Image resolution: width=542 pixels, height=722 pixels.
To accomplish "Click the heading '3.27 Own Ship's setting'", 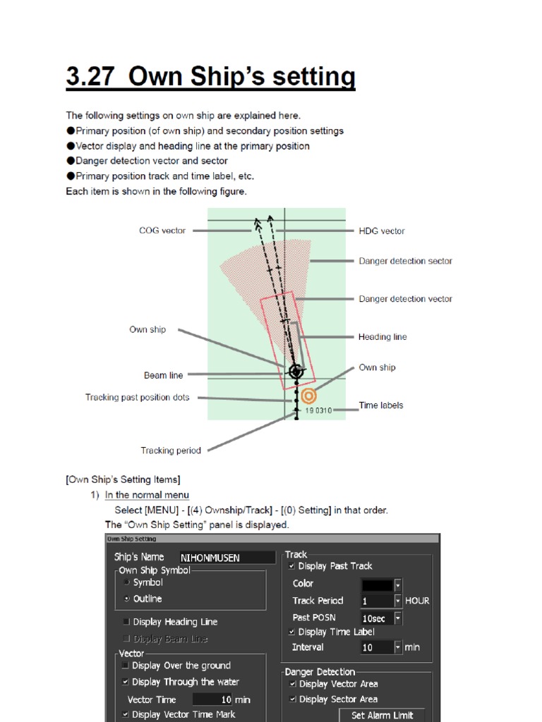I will click(x=210, y=75).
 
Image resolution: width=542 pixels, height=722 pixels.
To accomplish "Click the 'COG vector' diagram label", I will click(x=162, y=231).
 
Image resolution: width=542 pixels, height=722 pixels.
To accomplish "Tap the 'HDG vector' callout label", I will click(x=382, y=231).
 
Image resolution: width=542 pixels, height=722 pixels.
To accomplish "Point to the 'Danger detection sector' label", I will click(x=405, y=261).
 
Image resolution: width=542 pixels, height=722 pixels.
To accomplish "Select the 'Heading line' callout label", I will click(x=383, y=337).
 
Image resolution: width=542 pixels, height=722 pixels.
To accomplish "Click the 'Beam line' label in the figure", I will click(x=163, y=375).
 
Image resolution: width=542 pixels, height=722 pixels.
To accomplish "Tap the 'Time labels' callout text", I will click(x=381, y=405).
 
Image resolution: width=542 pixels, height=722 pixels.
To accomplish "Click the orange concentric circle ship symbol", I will click(x=308, y=396).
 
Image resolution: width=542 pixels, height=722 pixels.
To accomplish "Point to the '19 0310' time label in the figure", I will click(x=318, y=410).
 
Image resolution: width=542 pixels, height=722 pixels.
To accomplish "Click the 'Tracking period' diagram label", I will click(x=171, y=451).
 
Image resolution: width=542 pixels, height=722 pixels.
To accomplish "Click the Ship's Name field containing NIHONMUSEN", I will click(x=227, y=558).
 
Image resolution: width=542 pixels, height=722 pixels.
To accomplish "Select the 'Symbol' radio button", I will click(x=126, y=582).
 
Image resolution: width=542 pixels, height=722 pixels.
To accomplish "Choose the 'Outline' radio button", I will click(x=126, y=599).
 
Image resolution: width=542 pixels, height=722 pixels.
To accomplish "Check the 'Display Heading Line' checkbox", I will click(x=126, y=622).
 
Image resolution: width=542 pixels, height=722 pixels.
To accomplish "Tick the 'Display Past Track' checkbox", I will click(x=292, y=566).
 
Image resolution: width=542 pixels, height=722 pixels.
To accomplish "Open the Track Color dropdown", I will click(x=398, y=584).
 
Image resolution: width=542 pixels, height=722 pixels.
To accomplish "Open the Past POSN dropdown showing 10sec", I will click(x=398, y=618).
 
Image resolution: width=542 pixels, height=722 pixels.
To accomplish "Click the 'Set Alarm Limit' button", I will click(x=382, y=715).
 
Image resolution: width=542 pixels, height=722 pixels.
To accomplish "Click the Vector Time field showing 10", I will click(x=212, y=699).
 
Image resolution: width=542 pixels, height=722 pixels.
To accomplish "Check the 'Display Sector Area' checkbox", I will click(x=292, y=699).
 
